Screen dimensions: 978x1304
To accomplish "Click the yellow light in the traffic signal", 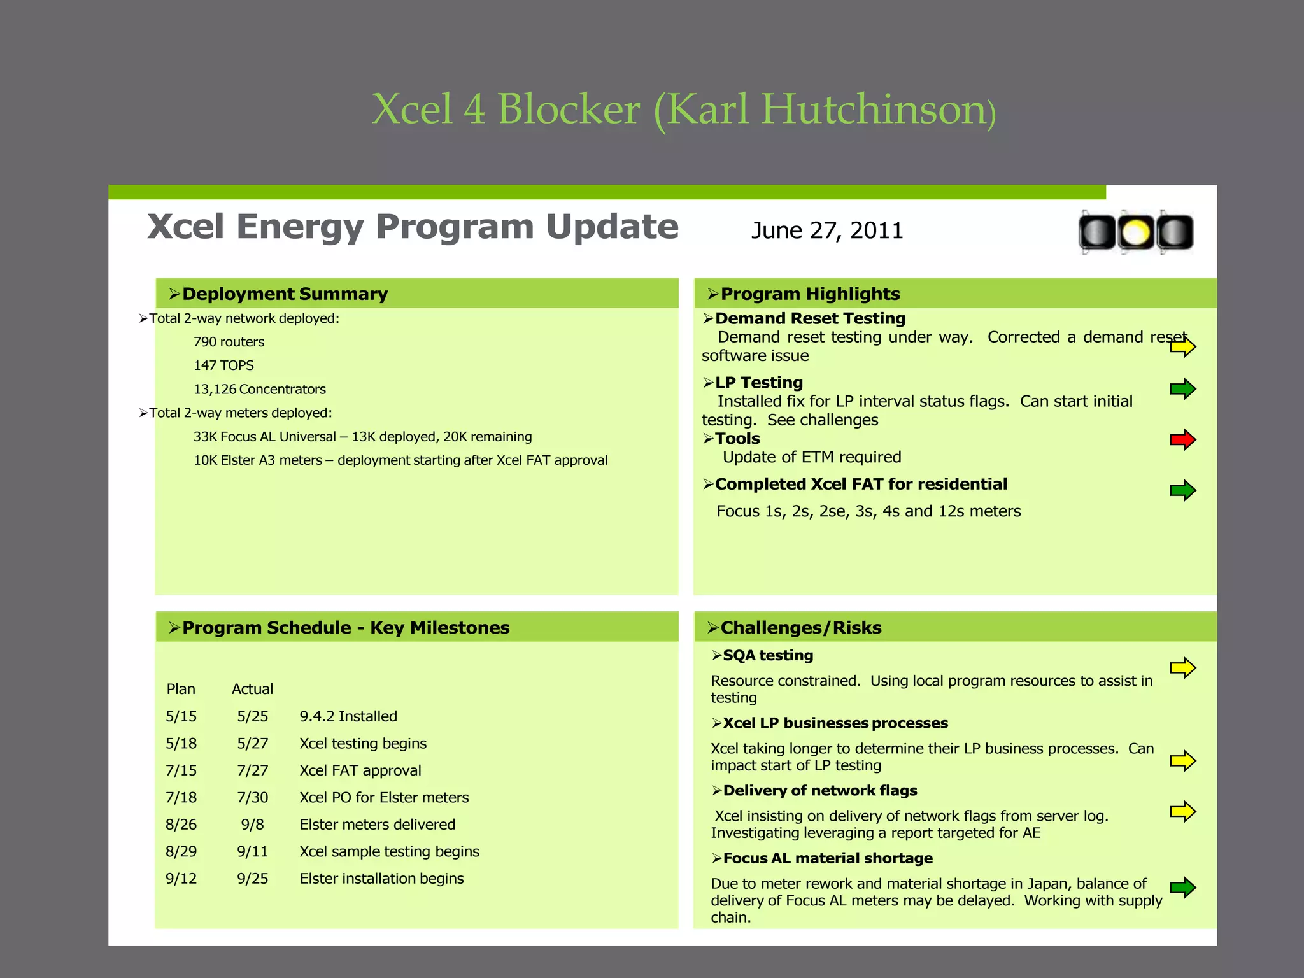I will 1136,232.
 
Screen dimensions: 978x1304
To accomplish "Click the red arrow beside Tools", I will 1182,439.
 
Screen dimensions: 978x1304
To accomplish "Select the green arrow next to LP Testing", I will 1182,388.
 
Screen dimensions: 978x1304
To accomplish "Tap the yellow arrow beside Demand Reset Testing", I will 1182,347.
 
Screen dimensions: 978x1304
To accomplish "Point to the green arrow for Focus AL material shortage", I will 1182,887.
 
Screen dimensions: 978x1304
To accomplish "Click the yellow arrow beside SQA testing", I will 1182,668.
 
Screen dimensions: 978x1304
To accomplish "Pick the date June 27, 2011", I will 827,230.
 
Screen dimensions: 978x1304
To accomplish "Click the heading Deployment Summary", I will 285,294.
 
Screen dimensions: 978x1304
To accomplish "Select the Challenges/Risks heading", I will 800,628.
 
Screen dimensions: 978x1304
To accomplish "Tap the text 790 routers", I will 229,342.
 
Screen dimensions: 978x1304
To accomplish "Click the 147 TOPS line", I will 223,365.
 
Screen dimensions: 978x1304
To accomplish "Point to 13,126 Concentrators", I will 259,389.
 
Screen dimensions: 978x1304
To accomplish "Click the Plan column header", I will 181,689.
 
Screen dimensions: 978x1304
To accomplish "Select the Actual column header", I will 252,689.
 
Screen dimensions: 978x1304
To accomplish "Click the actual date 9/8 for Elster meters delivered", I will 252,825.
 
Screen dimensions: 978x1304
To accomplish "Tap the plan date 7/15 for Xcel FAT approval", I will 181,770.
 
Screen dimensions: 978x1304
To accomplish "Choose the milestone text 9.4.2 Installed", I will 348,716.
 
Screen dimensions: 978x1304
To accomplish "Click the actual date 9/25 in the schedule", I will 252,879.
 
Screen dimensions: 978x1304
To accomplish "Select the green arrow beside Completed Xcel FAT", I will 1182,490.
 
